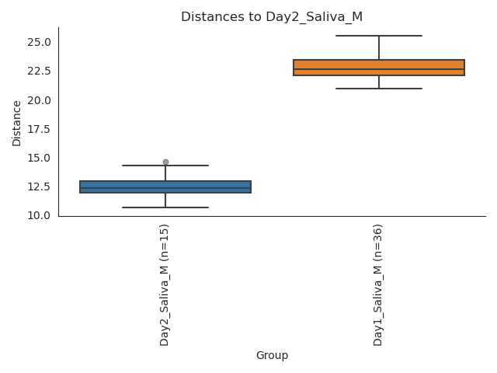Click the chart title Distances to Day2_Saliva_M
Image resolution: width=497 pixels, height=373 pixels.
pos(272,17)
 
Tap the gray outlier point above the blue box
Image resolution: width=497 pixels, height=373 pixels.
pos(165,162)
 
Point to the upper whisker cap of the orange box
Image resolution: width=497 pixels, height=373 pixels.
pos(379,36)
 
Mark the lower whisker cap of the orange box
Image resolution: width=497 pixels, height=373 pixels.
pos(379,89)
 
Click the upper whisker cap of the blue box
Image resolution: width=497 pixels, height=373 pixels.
pos(165,166)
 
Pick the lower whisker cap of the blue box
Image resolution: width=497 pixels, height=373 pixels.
pos(165,207)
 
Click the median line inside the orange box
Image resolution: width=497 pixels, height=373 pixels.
pos(379,70)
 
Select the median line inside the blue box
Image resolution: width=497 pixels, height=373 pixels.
pos(165,188)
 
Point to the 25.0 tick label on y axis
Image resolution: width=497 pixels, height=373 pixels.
pos(39,42)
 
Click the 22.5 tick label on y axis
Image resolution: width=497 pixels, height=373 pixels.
pos(39,71)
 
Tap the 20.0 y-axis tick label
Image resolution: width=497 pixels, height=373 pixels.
pos(39,100)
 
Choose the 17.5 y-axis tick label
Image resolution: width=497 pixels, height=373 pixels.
pos(39,129)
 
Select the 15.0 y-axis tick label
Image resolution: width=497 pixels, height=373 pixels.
pos(39,158)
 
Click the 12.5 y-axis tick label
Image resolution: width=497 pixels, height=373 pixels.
pos(39,186)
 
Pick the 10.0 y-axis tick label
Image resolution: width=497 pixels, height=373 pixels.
pos(39,215)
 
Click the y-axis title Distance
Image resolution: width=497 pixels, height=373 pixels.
pos(17,123)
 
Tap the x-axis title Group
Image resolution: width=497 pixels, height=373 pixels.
pos(272,356)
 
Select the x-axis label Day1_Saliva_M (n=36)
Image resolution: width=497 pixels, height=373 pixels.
pos(378,284)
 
